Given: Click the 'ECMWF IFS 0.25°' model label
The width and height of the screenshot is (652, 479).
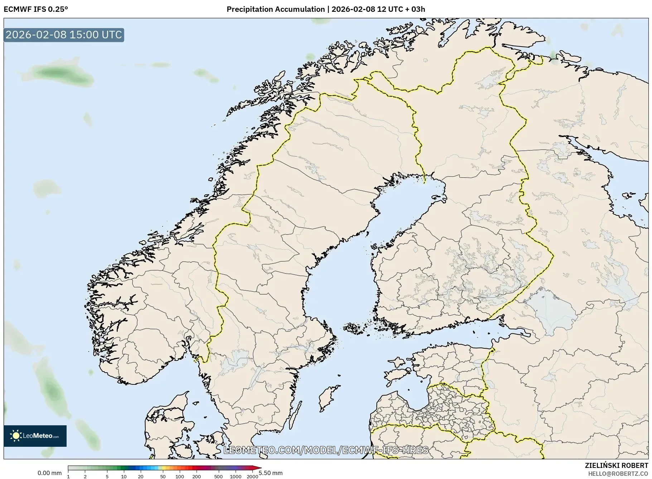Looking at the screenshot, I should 35,9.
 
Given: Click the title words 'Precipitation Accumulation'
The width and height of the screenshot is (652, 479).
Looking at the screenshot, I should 275,9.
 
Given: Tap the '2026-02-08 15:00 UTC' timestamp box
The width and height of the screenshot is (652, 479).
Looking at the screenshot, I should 64,35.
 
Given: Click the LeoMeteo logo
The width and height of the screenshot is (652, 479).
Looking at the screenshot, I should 35,436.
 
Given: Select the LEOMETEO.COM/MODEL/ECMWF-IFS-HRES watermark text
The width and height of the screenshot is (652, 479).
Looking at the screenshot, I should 326,450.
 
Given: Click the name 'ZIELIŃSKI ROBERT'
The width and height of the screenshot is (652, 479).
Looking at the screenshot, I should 616,465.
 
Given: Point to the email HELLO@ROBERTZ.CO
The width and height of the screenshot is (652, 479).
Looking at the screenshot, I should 618,473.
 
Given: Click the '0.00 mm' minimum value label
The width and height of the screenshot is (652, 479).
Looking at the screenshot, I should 49,473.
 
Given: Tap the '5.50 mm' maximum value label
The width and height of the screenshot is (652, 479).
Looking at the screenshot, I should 271,473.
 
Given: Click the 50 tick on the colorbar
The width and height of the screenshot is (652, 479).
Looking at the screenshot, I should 163,476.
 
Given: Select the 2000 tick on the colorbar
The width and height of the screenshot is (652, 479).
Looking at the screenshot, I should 252,476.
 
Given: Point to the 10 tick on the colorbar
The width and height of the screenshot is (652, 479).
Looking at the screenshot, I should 124,476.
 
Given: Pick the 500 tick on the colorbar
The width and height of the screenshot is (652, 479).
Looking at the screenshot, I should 218,476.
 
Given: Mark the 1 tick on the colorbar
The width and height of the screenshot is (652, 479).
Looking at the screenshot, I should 68,476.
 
